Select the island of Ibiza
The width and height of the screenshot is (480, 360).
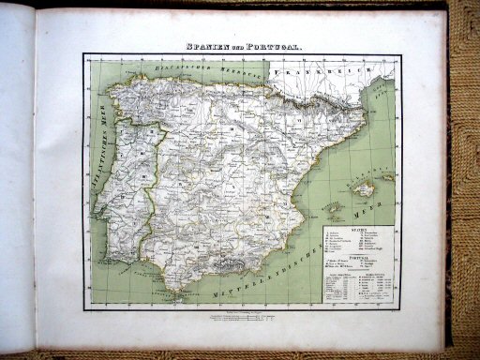pos(333,208)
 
